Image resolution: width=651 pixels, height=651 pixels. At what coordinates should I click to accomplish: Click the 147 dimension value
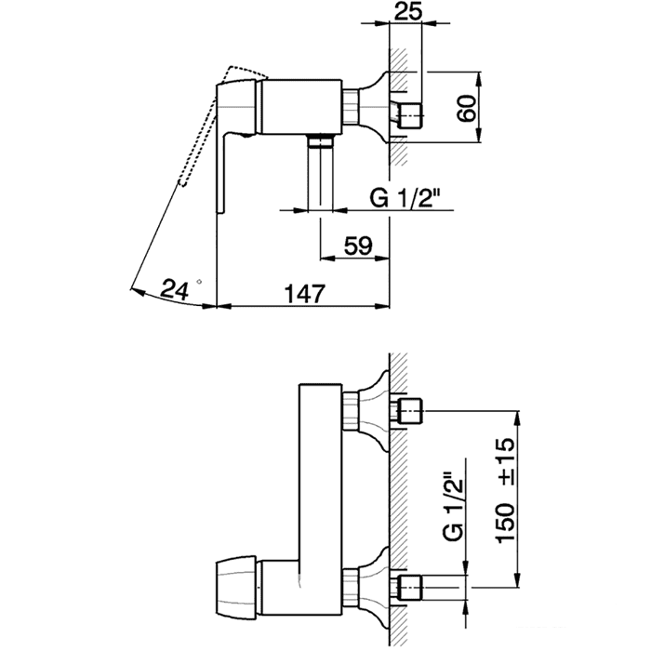(304, 294)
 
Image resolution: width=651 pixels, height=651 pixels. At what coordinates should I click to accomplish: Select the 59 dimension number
(358, 246)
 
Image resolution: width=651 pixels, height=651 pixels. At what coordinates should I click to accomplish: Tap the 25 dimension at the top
(407, 11)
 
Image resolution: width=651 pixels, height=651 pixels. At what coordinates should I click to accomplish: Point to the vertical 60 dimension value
(467, 109)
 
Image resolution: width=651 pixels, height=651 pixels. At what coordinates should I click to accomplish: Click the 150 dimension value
(505, 523)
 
